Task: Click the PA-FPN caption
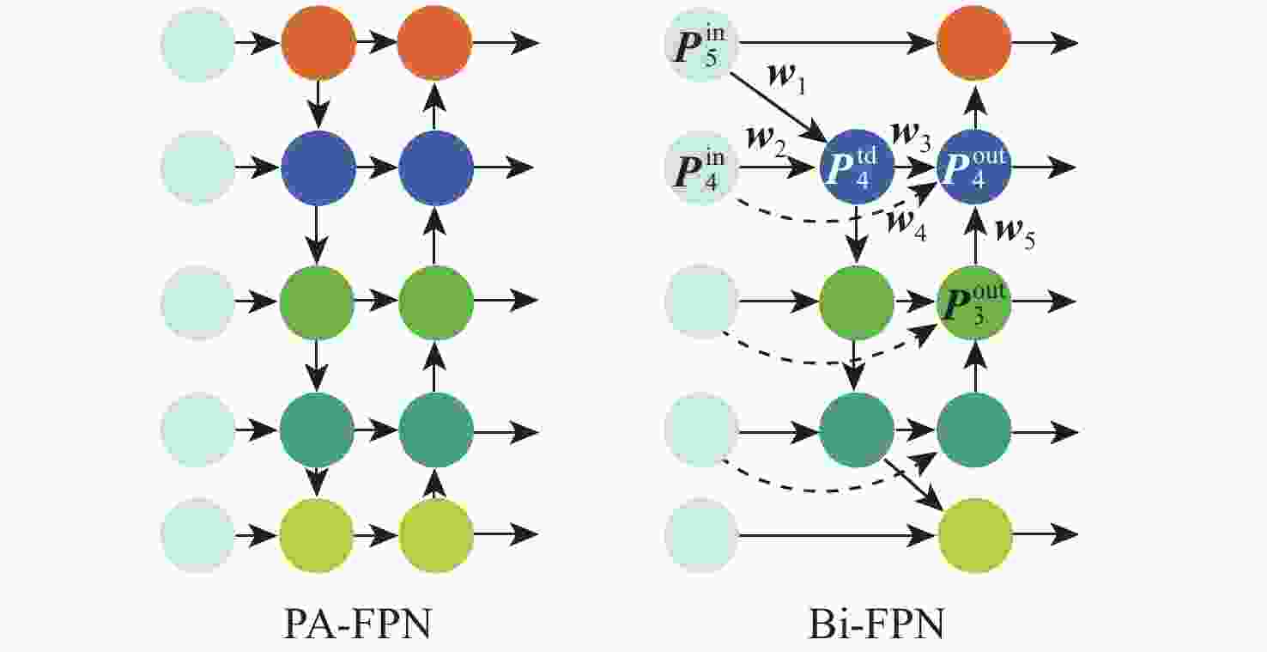[356, 625]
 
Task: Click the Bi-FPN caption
[876, 625]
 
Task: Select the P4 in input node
[701, 168]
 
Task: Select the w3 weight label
[912, 135]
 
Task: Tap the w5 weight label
[1014, 234]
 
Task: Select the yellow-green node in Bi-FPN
[975, 537]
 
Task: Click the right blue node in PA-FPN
[435, 168]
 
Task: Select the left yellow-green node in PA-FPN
[317, 536]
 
